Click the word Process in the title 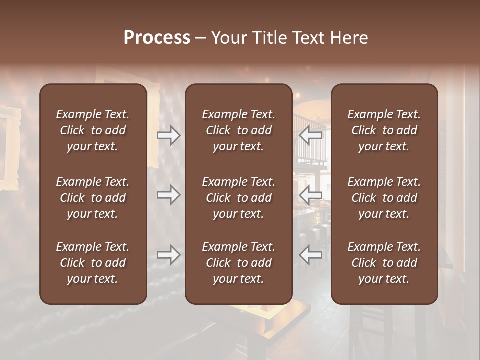click(x=157, y=38)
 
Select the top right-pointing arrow click(x=169, y=135)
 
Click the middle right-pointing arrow click(x=169, y=195)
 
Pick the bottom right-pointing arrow click(x=169, y=254)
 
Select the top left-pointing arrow click(x=310, y=135)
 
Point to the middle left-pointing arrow click(x=310, y=195)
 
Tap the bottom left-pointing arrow click(x=310, y=254)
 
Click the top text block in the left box click(x=93, y=130)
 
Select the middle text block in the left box click(x=93, y=198)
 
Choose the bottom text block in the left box click(x=93, y=263)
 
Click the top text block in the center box click(x=238, y=130)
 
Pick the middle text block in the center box click(x=238, y=198)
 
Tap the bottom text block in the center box click(x=238, y=263)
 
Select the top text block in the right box click(x=384, y=130)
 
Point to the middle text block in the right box click(x=384, y=198)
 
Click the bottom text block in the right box click(x=384, y=263)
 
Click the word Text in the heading click(x=310, y=38)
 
